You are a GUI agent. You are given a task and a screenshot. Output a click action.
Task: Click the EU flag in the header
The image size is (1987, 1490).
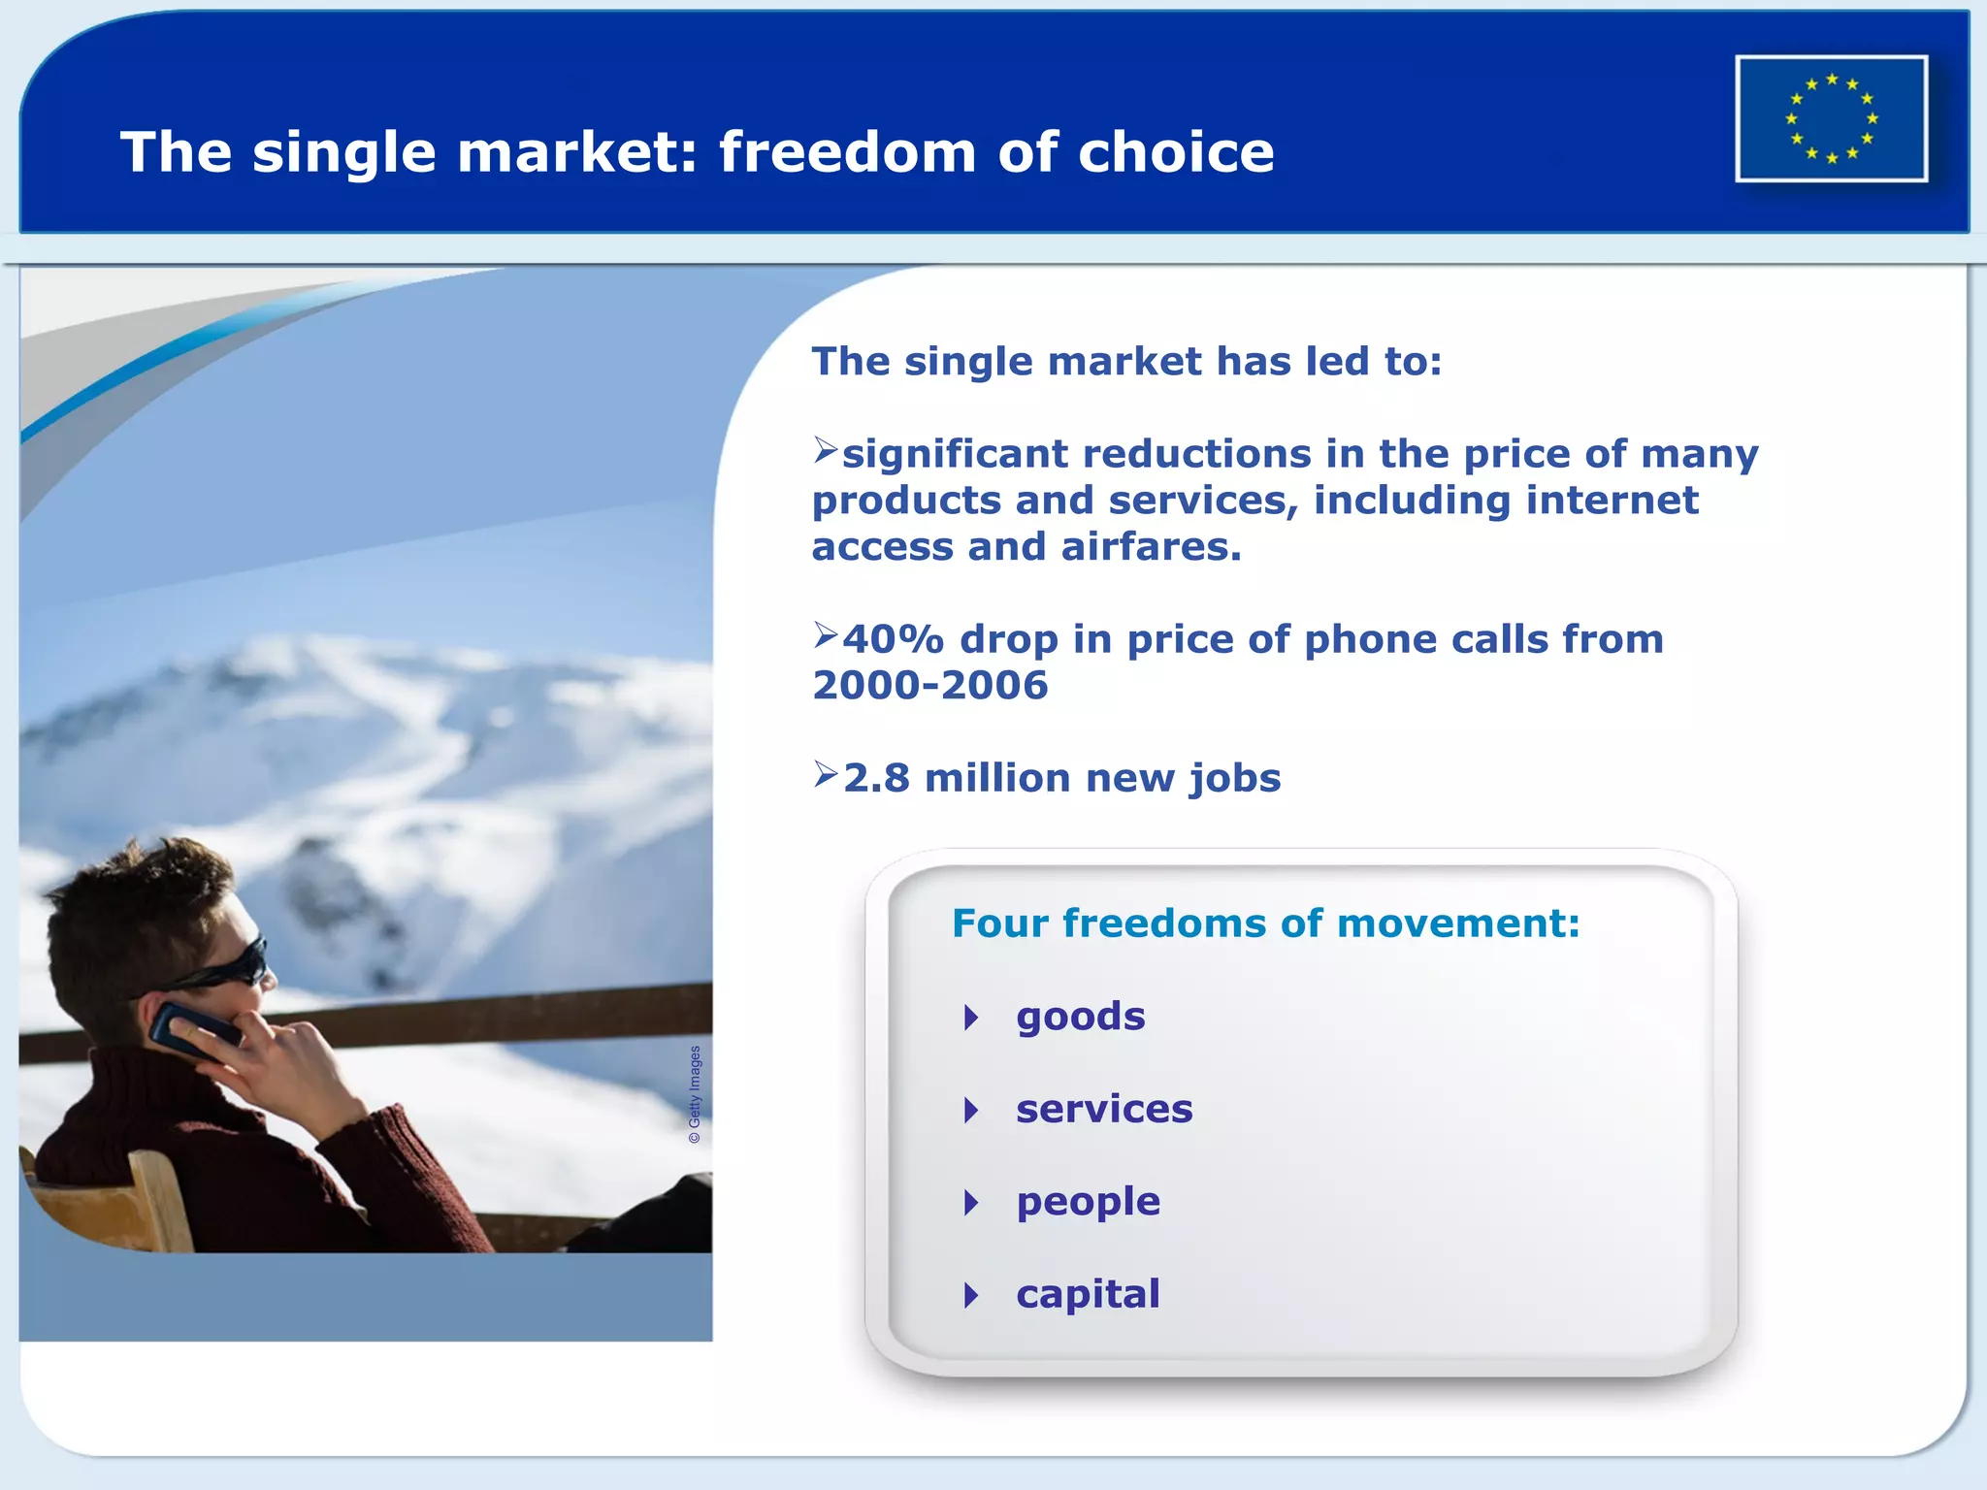point(1831,118)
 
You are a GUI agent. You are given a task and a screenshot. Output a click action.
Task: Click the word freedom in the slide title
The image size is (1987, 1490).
point(847,153)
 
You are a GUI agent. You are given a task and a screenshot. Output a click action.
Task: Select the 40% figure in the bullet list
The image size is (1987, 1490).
point(893,639)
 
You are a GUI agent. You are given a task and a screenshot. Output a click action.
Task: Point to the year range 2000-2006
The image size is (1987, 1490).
point(930,686)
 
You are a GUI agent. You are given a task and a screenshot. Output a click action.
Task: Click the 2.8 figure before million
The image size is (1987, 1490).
point(876,778)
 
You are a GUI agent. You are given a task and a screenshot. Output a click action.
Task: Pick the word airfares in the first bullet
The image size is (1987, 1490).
point(1152,547)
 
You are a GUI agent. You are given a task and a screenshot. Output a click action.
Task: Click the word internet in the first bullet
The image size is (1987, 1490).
point(1612,501)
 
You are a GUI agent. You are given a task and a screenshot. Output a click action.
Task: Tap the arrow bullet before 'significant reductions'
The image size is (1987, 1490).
point(826,449)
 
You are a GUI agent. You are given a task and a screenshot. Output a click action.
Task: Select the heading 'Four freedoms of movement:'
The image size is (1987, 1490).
point(1265,923)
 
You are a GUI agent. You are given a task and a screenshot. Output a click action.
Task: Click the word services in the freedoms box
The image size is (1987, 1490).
point(1104,1110)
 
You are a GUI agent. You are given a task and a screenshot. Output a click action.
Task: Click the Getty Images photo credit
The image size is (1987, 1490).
point(695,1094)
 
